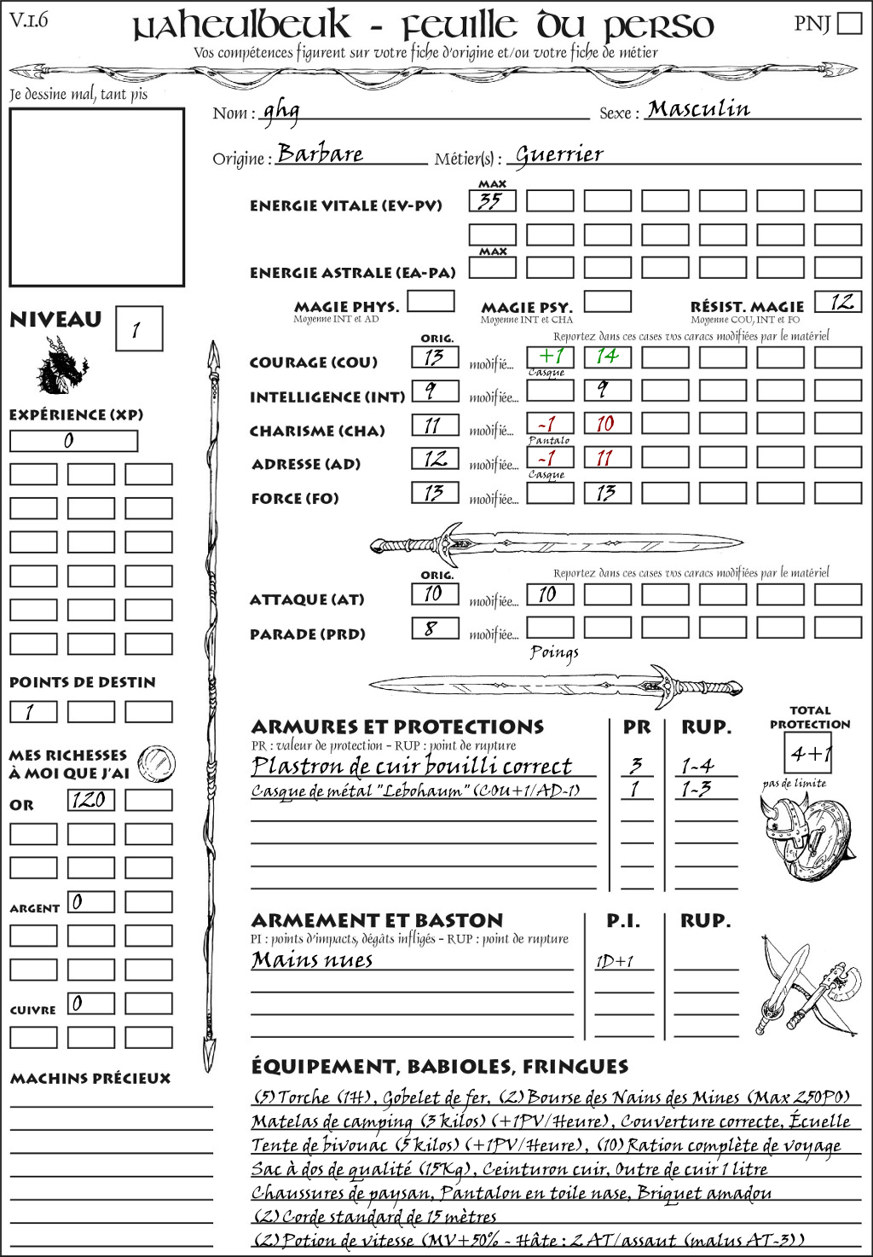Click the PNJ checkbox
(x=849, y=23)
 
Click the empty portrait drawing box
(x=96, y=197)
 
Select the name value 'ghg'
(x=280, y=111)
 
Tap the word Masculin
(x=698, y=109)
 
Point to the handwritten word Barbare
(x=320, y=154)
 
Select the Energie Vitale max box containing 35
(x=492, y=201)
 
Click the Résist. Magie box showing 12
(x=838, y=302)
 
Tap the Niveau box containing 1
(x=138, y=329)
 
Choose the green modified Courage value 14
(x=607, y=356)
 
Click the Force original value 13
(x=435, y=493)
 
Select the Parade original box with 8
(x=435, y=629)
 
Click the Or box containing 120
(x=90, y=800)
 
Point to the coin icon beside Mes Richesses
(x=157, y=762)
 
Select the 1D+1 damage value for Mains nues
(x=615, y=962)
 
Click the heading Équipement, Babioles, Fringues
(x=439, y=1067)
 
